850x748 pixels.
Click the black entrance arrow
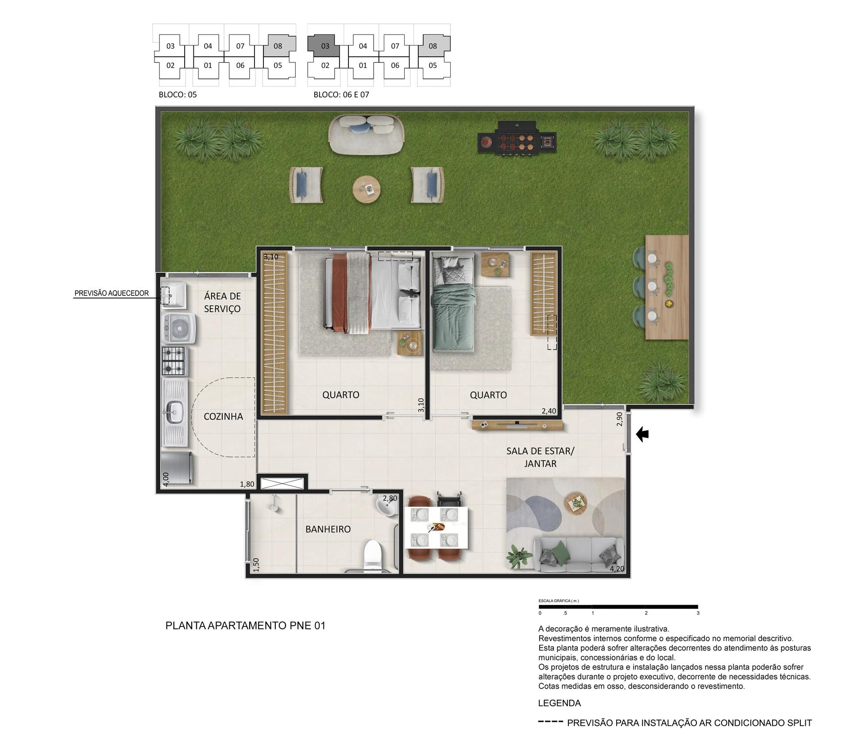(x=642, y=434)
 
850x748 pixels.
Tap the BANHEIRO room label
(x=328, y=529)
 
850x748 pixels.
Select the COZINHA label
(x=223, y=416)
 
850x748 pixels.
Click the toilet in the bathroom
(x=372, y=554)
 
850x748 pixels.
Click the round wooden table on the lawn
(x=367, y=190)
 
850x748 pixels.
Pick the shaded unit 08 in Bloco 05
(x=278, y=45)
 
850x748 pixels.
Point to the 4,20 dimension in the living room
(x=617, y=569)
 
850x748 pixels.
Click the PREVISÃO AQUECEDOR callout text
(x=112, y=293)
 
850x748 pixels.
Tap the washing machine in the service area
(x=179, y=328)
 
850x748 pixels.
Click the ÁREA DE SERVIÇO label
(x=222, y=302)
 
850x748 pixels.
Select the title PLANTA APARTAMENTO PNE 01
(x=245, y=625)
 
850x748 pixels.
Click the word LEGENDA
(x=559, y=703)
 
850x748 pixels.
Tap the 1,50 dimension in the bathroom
(x=256, y=565)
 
